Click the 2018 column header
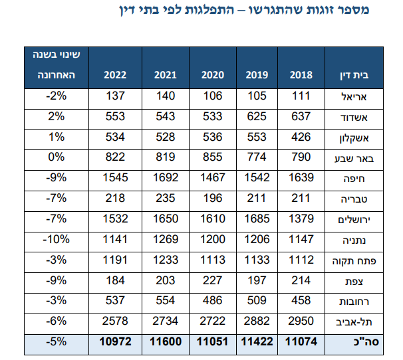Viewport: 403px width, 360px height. [301, 74]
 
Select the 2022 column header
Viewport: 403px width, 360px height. [114, 74]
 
